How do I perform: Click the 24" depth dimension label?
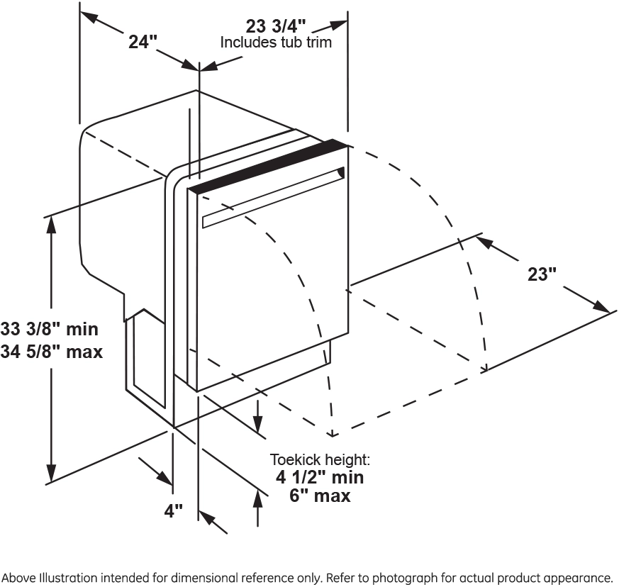click(x=142, y=42)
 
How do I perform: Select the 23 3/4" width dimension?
click(x=276, y=26)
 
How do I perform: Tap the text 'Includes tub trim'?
click(x=276, y=43)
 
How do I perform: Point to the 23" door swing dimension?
click(x=542, y=274)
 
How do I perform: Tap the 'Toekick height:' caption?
click(x=320, y=459)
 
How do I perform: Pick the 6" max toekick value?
click(x=320, y=496)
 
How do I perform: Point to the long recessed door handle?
click(x=273, y=198)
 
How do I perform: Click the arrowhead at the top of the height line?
click(x=51, y=223)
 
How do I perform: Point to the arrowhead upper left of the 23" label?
click(x=484, y=242)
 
